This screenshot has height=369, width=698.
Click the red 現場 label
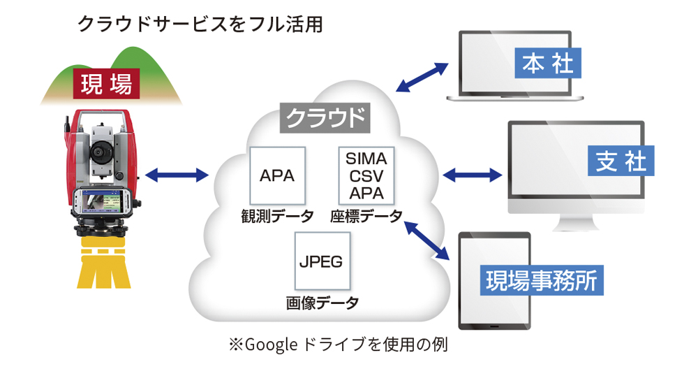[x=106, y=84]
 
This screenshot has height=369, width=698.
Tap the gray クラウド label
[x=325, y=118]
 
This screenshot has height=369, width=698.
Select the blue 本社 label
[x=547, y=63]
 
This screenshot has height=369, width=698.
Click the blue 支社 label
[x=621, y=161]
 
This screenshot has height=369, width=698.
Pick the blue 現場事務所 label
[x=542, y=280]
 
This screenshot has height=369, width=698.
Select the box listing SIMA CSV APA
[x=366, y=175]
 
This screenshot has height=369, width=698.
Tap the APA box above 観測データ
[x=277, y=175]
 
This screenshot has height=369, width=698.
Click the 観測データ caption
[x=277, y=217]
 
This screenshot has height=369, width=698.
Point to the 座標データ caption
[x=366, y=217]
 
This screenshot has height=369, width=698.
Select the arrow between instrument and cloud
[x=177, y=175]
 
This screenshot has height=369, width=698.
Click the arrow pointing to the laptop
[x=422, y=78]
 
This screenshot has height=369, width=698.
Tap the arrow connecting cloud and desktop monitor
[x=473, y=175]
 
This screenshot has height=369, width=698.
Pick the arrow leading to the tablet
[x=426, y=240]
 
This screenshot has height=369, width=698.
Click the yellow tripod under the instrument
[x=104, y=263]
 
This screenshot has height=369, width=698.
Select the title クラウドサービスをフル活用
[x=200, y=24]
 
